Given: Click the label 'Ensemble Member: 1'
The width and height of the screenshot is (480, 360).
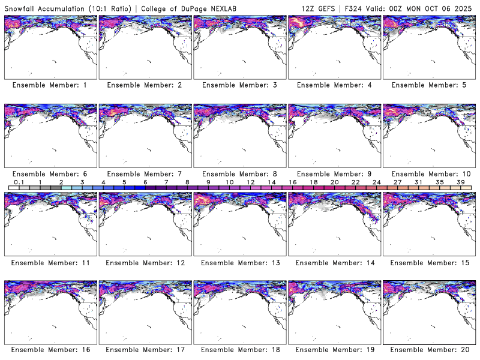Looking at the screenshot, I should [50, 85].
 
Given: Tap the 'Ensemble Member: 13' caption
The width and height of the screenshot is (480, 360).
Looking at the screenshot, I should [239, 262].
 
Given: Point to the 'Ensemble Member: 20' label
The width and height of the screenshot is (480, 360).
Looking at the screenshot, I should [428, 349].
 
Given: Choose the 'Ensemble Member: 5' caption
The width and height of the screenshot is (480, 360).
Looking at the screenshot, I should [428, 85].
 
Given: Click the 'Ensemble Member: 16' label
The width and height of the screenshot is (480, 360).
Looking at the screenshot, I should [50, 349].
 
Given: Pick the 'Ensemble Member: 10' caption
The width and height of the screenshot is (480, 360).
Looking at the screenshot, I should [428, 174].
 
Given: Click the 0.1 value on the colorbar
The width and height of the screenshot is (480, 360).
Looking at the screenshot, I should [19, 181].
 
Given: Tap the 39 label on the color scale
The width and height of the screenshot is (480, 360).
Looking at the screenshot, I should [460, 181].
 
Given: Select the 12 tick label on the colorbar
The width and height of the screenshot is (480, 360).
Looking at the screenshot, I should [250, 181].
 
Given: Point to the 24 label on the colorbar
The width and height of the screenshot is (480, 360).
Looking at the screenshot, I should [376, 181].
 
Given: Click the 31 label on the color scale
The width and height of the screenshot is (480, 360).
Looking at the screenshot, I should [418, 181].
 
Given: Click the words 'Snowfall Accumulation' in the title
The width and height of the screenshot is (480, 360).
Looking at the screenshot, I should [44, 6].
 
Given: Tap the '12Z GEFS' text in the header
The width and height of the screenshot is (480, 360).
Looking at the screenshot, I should [319, 6].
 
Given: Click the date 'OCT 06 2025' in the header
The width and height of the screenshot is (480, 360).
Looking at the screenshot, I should [449, 6].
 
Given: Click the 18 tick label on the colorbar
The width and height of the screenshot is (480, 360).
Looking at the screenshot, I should [313, 181].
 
